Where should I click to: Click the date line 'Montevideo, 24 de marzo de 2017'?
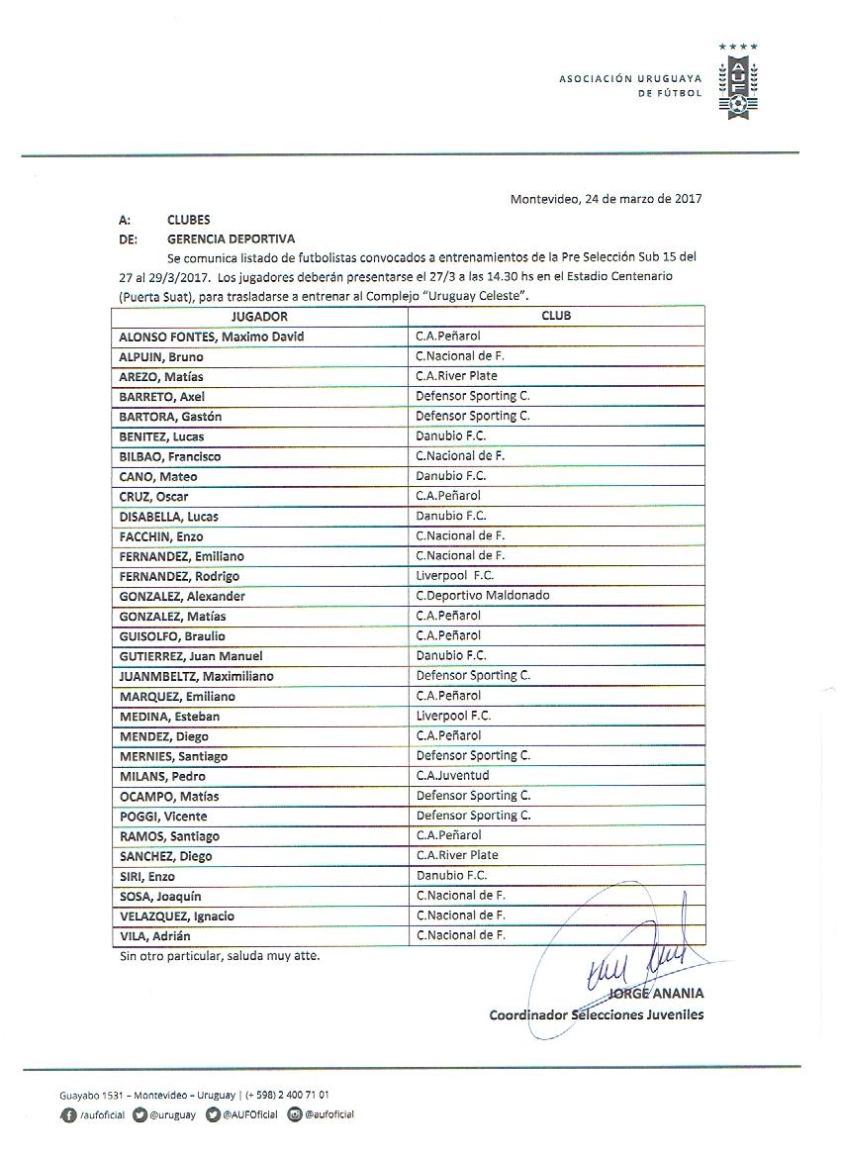[x=606, y=198]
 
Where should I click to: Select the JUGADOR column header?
[x=259, y=317]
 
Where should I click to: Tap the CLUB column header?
[x=555, y=317]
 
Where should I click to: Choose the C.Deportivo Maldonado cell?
[x=483, y=596]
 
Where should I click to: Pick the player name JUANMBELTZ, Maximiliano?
[x=197, y=676]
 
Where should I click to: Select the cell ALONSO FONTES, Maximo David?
[x=212, y=337]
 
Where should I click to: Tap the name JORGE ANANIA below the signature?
[x=657, y=993]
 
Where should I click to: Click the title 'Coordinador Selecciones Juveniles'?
[x=597, y=1014]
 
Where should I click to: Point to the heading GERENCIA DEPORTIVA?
[x=217, y=239]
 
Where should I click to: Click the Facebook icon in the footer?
[x=67, y=1114]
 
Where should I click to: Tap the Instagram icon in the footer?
[x=295, y=1114]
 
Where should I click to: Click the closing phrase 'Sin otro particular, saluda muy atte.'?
[x=219, y=957]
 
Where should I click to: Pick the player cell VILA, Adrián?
[x=155, y=936]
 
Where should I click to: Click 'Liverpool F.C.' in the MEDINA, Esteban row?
[x=454, y=716]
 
